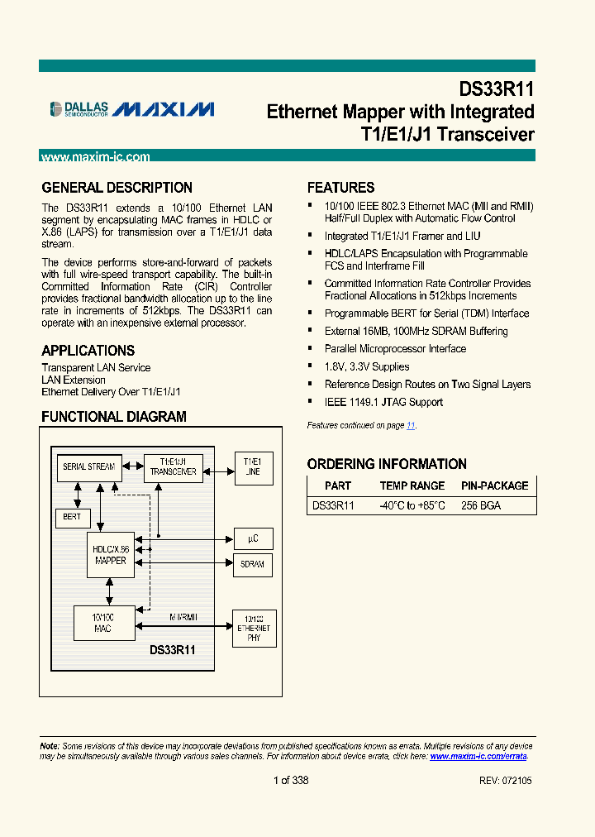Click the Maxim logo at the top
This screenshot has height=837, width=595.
click(x=164, y=109)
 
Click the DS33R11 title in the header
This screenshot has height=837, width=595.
click(x=497, y=89)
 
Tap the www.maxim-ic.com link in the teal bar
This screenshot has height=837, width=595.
click(x=95, y=156)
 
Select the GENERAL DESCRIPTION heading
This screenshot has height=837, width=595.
click(x=117, y=188)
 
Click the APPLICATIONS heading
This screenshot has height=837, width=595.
click(x=88, y=351)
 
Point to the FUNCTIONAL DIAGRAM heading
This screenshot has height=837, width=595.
click(x=114, y=417)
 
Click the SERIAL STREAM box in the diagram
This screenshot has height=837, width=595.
click(x=88, y=467)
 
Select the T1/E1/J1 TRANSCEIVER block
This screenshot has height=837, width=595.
click(x=174, y=467)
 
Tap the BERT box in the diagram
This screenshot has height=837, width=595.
click(x=72, y=516)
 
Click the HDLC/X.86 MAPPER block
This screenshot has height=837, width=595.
click(x=110, y=555)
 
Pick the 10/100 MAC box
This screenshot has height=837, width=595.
click(x=103, y=624)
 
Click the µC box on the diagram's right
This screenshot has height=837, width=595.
click(x=253, y=538)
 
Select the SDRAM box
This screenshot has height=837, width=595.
click(x=253, y=564)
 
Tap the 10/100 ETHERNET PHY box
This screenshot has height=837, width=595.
click(x=254, y=629)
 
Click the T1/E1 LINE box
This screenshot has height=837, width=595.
click(x=253, y=466)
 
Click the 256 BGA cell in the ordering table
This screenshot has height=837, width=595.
click(x=481, y=505)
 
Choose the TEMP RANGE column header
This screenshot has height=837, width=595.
click(x=412, y=485)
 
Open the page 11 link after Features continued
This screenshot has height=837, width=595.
click(x=411, y=425)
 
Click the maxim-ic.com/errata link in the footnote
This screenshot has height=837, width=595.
click(x=478, y=756)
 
